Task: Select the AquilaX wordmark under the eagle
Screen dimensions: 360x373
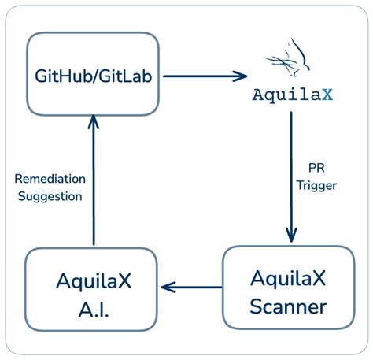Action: point(292,95)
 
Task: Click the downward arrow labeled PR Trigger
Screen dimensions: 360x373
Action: point(292,177)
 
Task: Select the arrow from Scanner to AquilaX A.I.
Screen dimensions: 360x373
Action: point(190,287)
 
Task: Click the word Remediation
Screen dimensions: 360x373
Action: point(49,179)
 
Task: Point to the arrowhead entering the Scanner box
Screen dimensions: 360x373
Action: point(292,236)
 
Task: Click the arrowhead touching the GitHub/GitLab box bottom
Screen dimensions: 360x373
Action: point(94,120)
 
